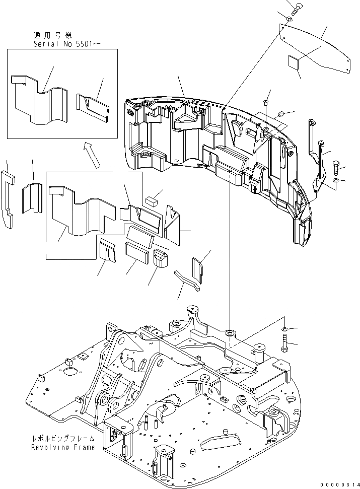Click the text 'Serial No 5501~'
(x=66, y=44)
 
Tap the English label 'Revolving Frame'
(x=62, y=447)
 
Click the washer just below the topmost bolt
(x=289, y=20)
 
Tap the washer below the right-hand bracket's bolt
(x=336, y=180)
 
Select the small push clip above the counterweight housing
(x=266, y=103)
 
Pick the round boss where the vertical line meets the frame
(x=230, y=333)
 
